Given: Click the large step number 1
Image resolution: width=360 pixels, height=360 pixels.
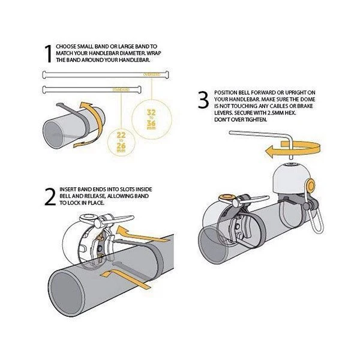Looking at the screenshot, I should [x=47, y=53].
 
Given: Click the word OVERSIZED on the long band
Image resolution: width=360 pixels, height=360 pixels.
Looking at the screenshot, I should [x=152, y=74].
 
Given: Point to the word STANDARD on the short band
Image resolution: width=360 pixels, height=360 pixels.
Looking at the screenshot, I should [x=121, y=89].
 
